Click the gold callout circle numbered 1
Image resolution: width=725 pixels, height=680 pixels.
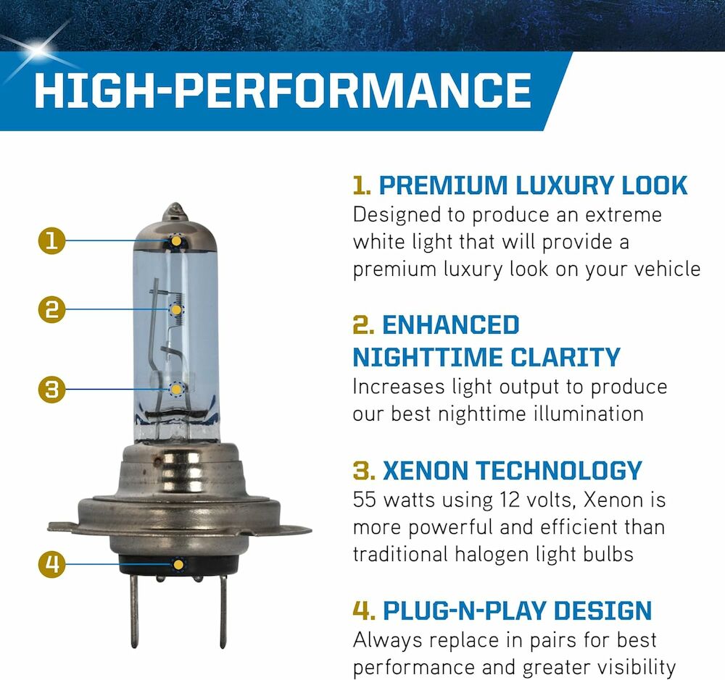pyautogui.click(x=51, y=240)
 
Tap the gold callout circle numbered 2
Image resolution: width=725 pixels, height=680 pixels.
pyautogui.click(x=51, y=309)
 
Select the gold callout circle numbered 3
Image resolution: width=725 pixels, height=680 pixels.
pyautogui.click(x=51, y=389)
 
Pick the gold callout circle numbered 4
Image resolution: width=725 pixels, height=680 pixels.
pyautogui.click(x=51, y=563)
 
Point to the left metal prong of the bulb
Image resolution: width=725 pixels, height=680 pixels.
pyautogui.click(x=133, y=610)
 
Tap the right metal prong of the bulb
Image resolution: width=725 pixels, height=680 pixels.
pyautogui.click(x=223, y=610)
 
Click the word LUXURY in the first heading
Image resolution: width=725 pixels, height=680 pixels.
pyautogui.click(x=565, y=185)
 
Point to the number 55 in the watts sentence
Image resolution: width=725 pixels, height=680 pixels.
pyautogui.click(x=365, y=500)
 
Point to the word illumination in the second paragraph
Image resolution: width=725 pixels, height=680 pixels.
pyautogui.click(x=589, y=414)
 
